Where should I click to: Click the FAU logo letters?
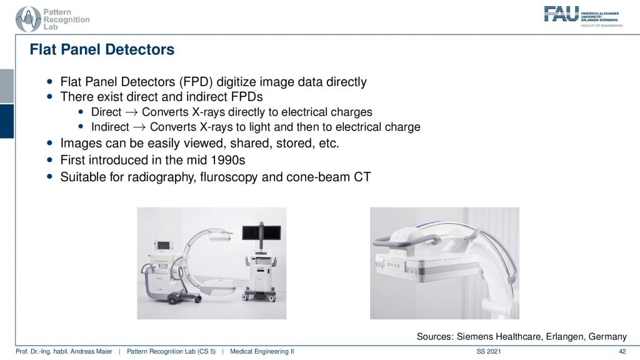click(561, 14)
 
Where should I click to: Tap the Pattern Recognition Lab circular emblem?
click(28, 19)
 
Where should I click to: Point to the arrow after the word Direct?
click(131, 112)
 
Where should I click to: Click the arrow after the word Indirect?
click(139, 127)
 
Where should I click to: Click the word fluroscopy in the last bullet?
click(229, 177)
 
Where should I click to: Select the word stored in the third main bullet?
click(293, 143)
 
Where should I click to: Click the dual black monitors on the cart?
click(261, 233)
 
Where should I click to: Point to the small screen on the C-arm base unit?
click(163, 245)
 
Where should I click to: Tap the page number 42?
click(622, 351)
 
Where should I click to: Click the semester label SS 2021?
click(489, 351)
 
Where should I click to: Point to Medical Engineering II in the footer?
click(262, 351)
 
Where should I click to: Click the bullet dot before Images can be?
click(50, 143)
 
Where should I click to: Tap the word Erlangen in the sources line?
click(564, 337)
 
